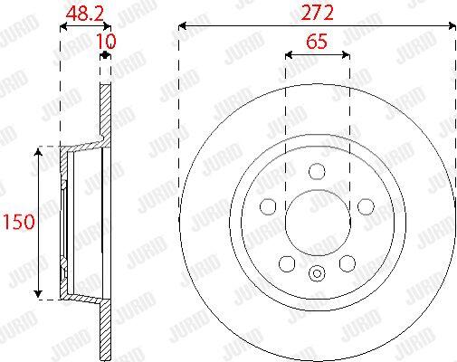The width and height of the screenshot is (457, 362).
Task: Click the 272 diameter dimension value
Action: (318, 13)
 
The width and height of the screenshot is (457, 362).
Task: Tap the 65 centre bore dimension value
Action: (317, 42)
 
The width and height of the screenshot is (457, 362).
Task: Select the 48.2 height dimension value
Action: (85, 14)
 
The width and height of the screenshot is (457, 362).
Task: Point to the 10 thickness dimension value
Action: (106, 41)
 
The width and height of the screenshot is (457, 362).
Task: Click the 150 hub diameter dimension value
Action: (19, 222)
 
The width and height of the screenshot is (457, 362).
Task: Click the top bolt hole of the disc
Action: (317, 172)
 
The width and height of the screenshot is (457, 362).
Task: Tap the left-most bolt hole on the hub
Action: (268, 206)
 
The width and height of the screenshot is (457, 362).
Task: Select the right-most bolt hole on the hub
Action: (366, 206)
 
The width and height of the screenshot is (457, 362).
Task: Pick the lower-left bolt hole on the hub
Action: (287, 263)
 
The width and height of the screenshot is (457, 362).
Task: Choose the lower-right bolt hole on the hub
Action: (348, 263)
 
